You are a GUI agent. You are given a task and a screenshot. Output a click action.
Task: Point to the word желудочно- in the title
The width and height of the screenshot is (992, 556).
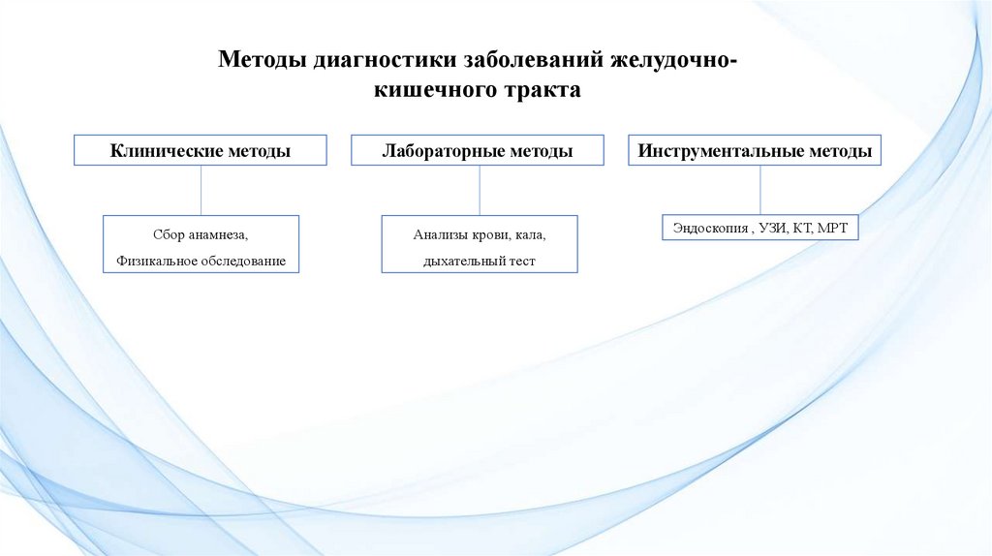pos(674,60)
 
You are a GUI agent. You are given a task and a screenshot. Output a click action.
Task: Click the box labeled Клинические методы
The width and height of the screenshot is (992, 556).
pos(201,150)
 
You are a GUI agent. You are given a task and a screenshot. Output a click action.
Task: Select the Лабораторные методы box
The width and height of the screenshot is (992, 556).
pos(478,150)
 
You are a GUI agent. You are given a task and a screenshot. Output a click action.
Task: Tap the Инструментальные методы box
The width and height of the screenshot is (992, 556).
pos(755,150)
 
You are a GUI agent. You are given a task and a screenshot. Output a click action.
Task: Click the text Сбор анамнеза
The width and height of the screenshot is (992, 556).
pos(201,234)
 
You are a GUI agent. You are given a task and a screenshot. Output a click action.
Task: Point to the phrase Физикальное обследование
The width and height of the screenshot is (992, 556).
pos(201,261)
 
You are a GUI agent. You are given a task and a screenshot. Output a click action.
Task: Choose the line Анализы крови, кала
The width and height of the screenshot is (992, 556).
pos(480,234)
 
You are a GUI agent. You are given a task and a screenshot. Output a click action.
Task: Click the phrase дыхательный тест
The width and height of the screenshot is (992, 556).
pos(480,261)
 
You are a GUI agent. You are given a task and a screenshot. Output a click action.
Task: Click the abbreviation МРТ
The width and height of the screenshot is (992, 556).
pos(832,228)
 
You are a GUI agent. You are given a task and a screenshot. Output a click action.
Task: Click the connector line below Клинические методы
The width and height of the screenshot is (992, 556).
pos(201,190)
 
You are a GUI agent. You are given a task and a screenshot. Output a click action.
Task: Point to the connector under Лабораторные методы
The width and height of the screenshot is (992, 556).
pos(479,190)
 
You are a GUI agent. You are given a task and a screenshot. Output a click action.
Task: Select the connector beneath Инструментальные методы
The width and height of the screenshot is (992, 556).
pos(759,190)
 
